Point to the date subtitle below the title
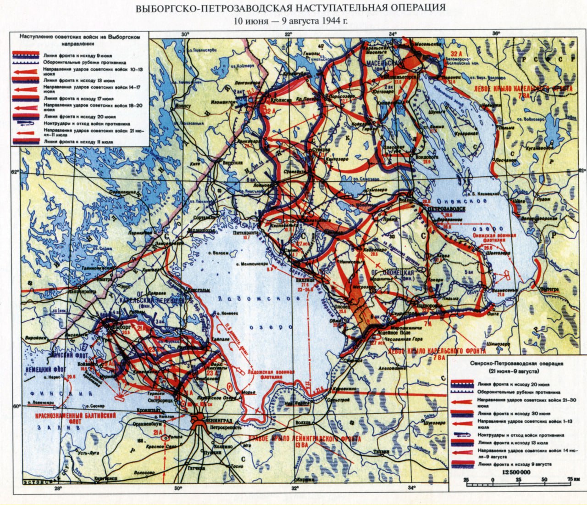point(293,21)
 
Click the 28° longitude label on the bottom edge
point(58,488)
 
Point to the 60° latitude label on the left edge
point(17,406)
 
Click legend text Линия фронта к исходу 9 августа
point(514,464)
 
